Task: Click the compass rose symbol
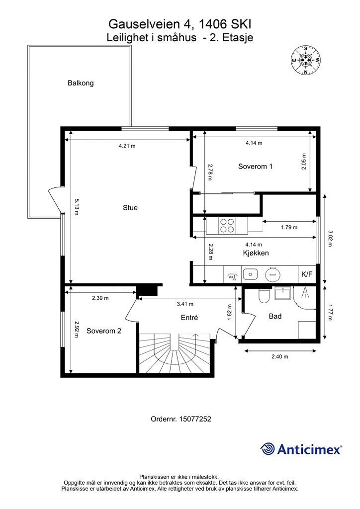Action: (x=305, y=60)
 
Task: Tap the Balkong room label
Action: (x=81, y=83)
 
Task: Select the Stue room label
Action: (x=130, y=208)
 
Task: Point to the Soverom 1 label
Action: (x=255, y=167)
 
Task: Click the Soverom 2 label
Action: (x=103, y=331)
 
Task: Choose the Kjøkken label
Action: (x=256, y=253)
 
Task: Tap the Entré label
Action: (x=189, y=318)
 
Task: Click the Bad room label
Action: (x=275, y=316)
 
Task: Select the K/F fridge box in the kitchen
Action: (x=307, y=274)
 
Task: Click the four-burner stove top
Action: (x=227, y=225)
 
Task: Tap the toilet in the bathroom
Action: (x=264, y=295)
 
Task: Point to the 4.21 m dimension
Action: (x=127, y=146)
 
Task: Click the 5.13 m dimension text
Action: (x=77, y=207)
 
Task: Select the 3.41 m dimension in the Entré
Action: (x=185, y=304)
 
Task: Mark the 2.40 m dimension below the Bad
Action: (x=280, y=357)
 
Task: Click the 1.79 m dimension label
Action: (x=289, y=228)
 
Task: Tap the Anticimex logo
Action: (x=301, y=449)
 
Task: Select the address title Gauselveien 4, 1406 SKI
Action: (x=180, y=24)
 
